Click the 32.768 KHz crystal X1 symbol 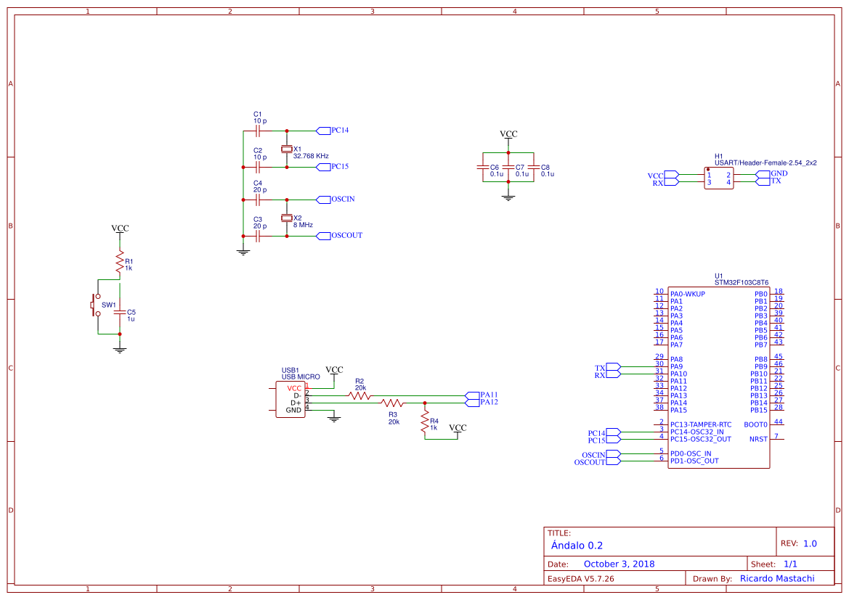pyautogui.click(x=286, y=149)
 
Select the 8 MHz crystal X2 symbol pyautogui.click(x=286, y=218)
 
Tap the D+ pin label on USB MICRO pyautogui.click(x=295, y=403)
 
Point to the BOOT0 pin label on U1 pyautogui.click(x=755, y=424)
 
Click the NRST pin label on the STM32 pyautogui.click(x=758, y=439)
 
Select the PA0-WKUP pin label pyautogui.click(x=687, y=294)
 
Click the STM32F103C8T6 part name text pyautogui.click(x=741, y=283)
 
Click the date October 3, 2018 pyautogui.click(x=619, y=564)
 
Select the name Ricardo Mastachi pyautogui.click(x=776, y=578)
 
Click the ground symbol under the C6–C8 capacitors pyautogui.click(x=508, y=197)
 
